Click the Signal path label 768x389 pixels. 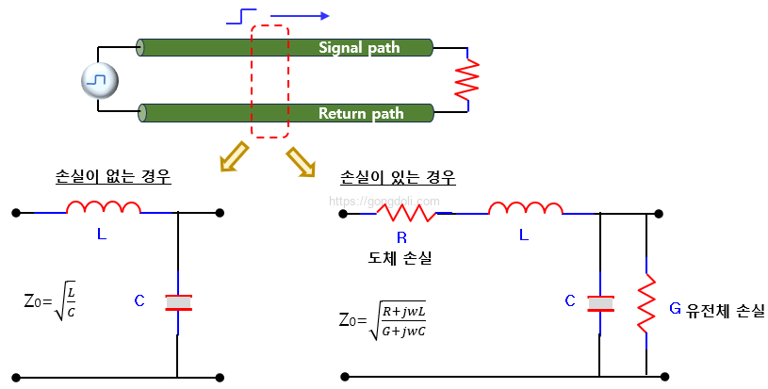[x=359, y=47]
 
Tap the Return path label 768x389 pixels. [x=361, y=114]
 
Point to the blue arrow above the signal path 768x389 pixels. [x=300, y=16]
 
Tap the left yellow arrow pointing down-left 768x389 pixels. [x=232, y=157]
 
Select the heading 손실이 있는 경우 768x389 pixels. [x=396, y=177]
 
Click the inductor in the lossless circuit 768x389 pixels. [x=104, y=209]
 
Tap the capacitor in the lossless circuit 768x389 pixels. [x=178, y=302]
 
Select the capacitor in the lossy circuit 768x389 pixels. [x=600, y=302]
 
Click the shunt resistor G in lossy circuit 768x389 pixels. [x=645, y=302]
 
